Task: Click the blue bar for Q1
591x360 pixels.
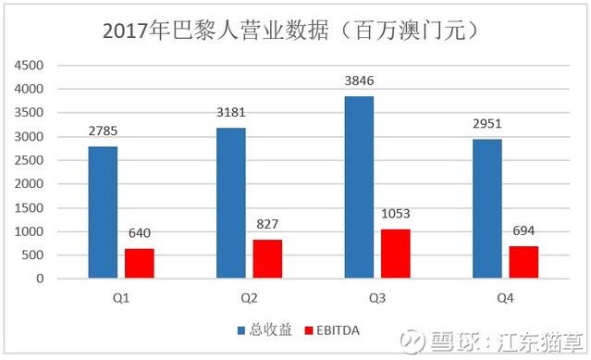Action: point(103,212)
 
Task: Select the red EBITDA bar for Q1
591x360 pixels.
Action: point(140,263)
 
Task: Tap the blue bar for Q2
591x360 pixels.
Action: point(230,203)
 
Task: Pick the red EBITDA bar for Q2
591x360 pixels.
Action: point(267,258)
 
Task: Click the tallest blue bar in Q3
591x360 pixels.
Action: point(359,187)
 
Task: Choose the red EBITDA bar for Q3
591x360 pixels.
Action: point(396,253)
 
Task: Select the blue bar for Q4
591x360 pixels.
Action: point(486,208)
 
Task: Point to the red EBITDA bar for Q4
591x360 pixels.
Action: point(523,262)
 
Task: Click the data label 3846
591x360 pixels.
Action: point(359,81)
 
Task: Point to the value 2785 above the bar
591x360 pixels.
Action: point(103,132)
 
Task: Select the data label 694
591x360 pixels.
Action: point(523,230)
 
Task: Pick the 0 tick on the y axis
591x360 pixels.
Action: point(39,279)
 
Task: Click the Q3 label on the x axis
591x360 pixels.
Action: point(377,297)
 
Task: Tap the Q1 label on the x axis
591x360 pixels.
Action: point(121,297)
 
